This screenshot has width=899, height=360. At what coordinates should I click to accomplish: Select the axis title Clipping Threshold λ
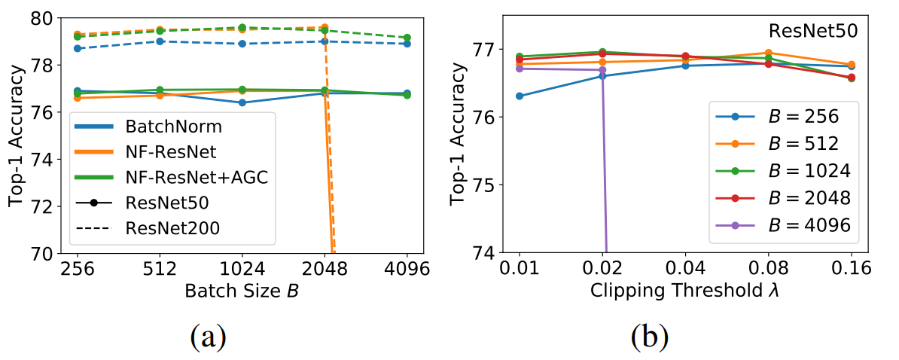point(685,291)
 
